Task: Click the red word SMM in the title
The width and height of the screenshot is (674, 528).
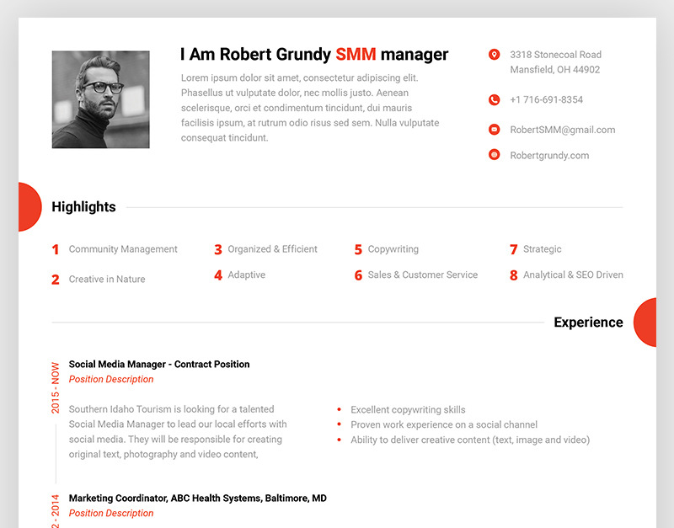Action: [x=356, y=55]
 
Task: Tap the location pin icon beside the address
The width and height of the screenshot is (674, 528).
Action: [x=495, y=55]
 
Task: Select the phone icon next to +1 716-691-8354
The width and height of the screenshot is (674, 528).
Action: [x=495, y=99]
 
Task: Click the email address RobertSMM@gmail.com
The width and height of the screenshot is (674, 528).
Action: [x=562, y=130]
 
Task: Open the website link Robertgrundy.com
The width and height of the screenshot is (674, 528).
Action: [x=549, y=156]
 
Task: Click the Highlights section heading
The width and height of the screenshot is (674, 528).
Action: [x=83, y=206]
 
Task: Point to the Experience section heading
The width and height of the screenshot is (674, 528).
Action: [x=588, y=323]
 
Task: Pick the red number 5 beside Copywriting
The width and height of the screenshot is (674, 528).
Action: [x=358, y=249]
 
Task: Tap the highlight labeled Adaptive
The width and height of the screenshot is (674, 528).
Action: [x=246, y=275]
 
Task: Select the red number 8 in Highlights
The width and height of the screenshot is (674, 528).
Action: [x=514, y=275]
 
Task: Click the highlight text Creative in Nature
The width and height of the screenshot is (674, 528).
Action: [x=107, y=280]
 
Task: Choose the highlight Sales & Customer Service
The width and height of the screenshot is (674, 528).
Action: [x=423, y=275]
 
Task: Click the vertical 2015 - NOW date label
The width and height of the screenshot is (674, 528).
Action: [x=56, y=388]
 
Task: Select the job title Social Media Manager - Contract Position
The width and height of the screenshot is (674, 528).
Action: [x=159, y=365]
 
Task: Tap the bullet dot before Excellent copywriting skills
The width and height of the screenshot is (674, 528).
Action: [x=340, y=409]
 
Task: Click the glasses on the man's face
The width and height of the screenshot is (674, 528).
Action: [x=103, y=88]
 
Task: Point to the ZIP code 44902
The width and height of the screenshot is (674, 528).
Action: [x=586, y=70]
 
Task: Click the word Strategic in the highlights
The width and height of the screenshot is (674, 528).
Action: [x=542, y=249]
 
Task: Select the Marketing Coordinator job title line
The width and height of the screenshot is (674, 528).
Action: [x=198, y=499]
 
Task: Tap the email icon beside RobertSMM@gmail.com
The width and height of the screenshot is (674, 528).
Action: [x=495, y=130]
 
